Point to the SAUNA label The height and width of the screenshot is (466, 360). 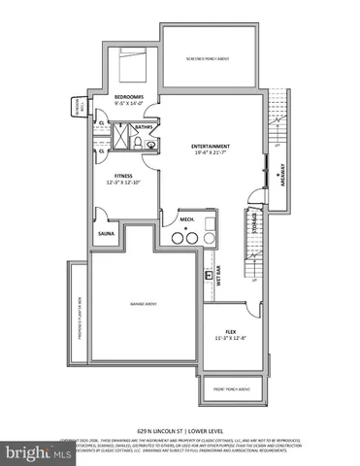105,233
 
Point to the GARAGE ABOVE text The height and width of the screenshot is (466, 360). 144,305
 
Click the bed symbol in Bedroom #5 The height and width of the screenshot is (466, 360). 130,66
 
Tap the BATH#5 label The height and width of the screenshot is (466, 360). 143,125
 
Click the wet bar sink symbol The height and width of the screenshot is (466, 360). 210,276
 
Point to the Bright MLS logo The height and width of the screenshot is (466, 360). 28,452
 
